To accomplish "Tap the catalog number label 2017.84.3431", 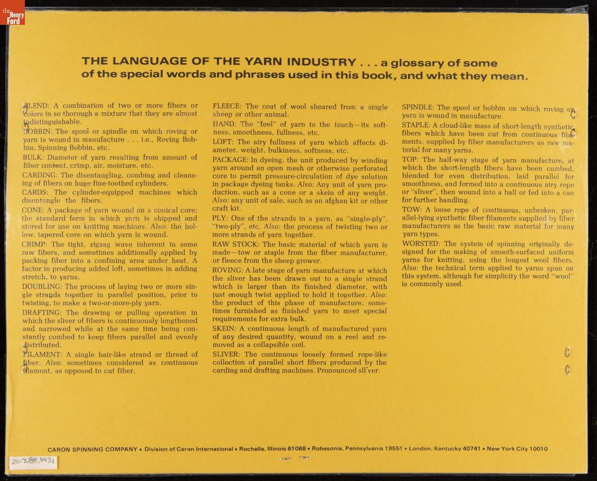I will tap(33, 462).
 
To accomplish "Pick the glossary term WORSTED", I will tap(421, 244).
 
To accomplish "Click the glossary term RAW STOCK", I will tap(235, 245).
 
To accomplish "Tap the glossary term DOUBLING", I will tap(42, 287).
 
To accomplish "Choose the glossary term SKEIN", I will tap(223, 329).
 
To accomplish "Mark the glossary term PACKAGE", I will tap(230, 160).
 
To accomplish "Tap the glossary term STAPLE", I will tap(416, 126).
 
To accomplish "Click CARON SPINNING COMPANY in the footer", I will tap(93, 449).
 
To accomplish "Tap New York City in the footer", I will tap(507, 449).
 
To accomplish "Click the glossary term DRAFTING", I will tap(42, 313).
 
